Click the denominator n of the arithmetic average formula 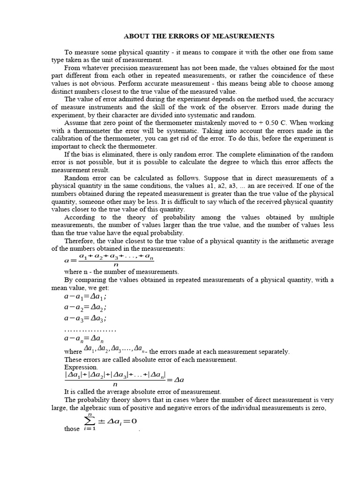pyautogui.click(x=116, y=264)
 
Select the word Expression pyautogui.click(x=81, y=367)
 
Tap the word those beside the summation pyautogui.click(x=72, y=429)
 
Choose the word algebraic pyautogui.click(x=101, y=408)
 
